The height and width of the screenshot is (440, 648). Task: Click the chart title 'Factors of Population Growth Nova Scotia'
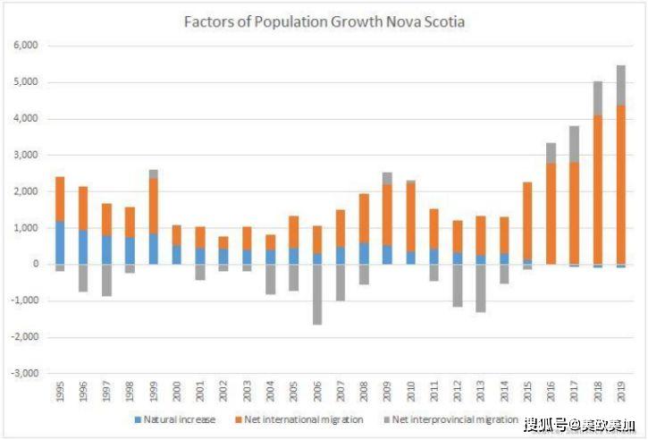(x=324, y=21)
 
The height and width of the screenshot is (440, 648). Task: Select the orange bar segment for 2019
(x=620, y=185)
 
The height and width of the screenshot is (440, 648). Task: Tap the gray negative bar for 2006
(x=317, y=294)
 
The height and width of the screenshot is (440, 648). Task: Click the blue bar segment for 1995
(x=60, y=242)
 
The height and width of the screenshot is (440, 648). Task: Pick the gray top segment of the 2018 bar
(x=598, y=98)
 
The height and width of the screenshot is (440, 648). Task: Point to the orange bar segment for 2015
(x=527, y=221)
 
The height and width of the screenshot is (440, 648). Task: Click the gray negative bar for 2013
(x=481, y=288)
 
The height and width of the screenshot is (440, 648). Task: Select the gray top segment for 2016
(x=551, y=153)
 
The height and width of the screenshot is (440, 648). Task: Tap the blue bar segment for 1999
(x=154, y=249)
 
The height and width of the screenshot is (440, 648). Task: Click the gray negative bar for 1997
(x=106, y=281)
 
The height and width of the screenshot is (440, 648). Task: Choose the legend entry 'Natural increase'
(x=175, y=419)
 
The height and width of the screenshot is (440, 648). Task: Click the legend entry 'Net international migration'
(x=299, y=419)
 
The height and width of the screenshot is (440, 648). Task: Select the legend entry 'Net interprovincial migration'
(x=450, y=419)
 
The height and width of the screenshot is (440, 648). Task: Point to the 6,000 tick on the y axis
(x=26, y=45)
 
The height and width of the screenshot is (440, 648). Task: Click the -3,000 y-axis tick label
(x=24, y=373)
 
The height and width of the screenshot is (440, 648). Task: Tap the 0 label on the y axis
(x=36, y=264)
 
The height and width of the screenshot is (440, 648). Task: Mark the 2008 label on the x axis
(x=364, y=391)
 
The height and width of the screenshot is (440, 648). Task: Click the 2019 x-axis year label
(x=621, y=391)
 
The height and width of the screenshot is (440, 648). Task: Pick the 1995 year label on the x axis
(x=61, y=391)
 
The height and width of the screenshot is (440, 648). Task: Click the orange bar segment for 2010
(x=410, y=216)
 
